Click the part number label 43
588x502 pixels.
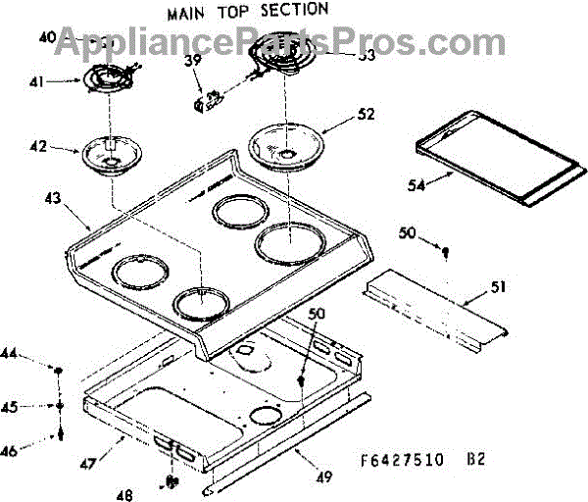(x=53, y=198)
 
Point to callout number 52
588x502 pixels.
(x=366, y=113)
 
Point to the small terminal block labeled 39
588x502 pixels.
(x=209, y=97)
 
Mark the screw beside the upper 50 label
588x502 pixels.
(x=445, y=252)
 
